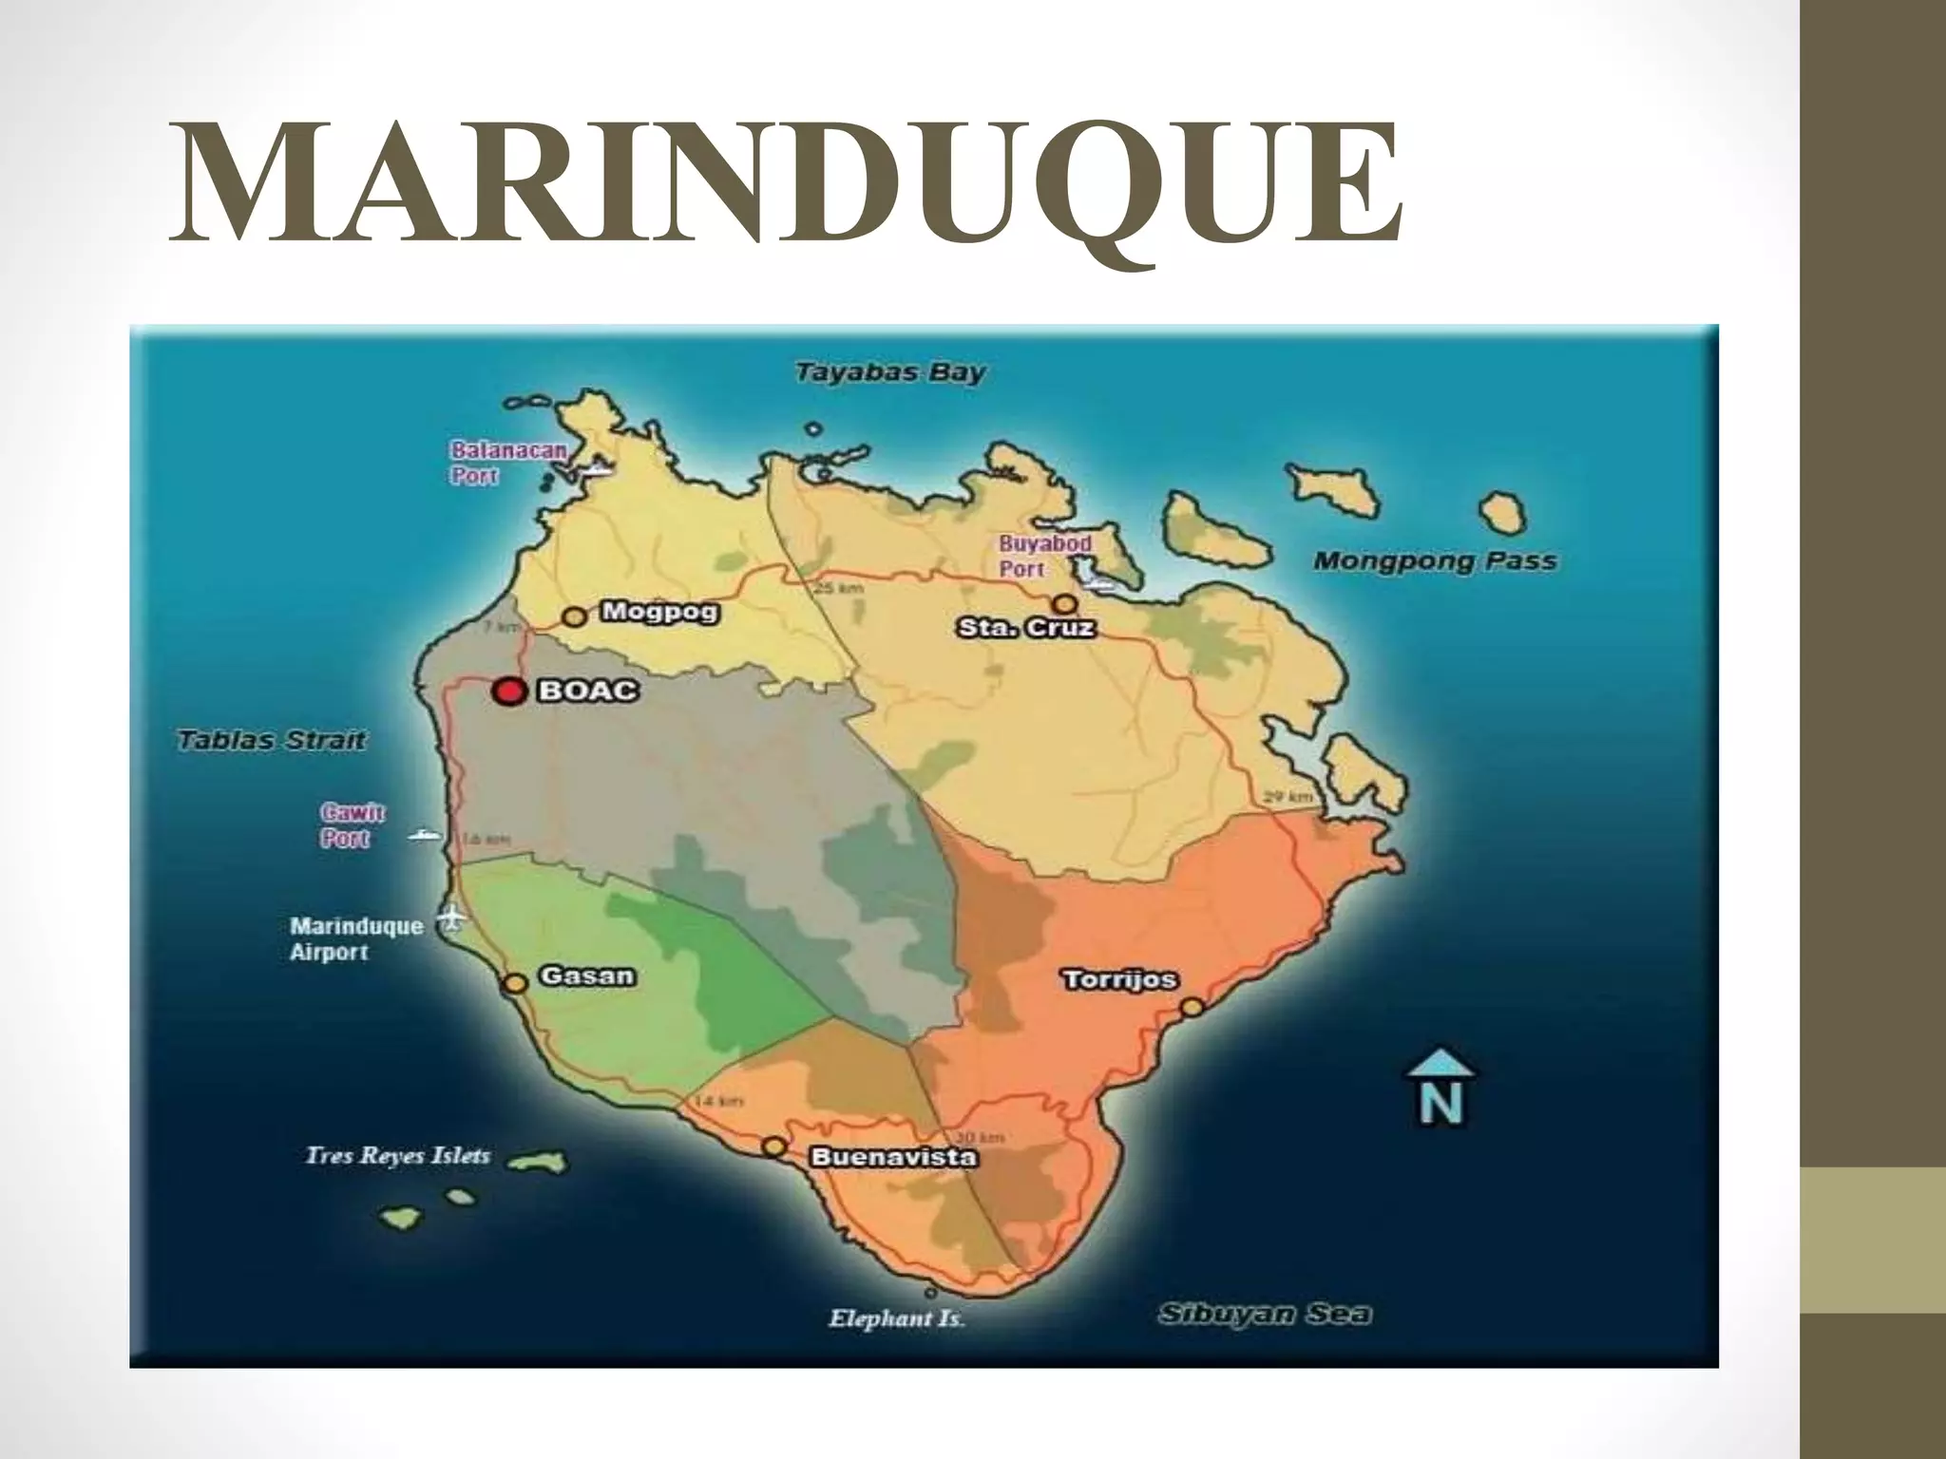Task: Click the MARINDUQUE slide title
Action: click(x=785, y=182)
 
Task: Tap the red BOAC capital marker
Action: click(x=509, y=692)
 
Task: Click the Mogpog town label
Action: click(x=659, y=612)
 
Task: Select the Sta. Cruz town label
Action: click(x=1026, y=628)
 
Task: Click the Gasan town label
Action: click(x=586, y=976)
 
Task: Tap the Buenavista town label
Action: click(x=892, y=1157)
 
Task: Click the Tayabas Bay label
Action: click(x=890, y=372)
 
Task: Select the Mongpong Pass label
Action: click(x=1435, y=561)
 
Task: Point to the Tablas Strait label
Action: click(x=272, y=740)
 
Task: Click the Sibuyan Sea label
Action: click(x=1265, y=1315)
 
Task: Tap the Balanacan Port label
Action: click(x=506, y=463)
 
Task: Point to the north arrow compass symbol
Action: click(x=1440, y=1089)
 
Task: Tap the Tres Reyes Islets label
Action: click(x=398, y=1156)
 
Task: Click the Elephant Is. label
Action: click(x=897, y=1318)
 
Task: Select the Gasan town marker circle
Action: click(x=515, y=984)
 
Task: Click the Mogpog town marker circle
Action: click(x=574, y=616)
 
